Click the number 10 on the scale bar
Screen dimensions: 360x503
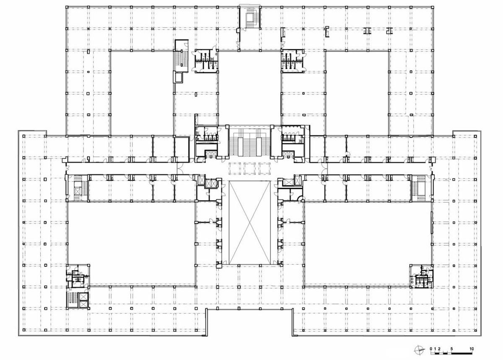tap(472, 349)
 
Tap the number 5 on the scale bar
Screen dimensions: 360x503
tap(451, 349)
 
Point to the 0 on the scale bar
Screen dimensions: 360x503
tap(431, 349)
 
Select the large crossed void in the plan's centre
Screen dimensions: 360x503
tap(249, 222)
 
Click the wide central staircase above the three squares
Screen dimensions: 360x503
tap(249, 143)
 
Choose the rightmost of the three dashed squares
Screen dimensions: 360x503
tap(264, 168)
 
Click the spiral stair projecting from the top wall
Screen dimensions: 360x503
tap(250, 18)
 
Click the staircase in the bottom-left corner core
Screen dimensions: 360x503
tap(73, 300)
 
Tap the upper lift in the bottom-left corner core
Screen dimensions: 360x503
tap(83, 296)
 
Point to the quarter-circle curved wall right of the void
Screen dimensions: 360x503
tap(299, 200)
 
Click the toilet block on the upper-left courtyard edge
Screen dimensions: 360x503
tap(206, 61)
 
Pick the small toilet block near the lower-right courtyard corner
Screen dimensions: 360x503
tap(420, 277)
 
